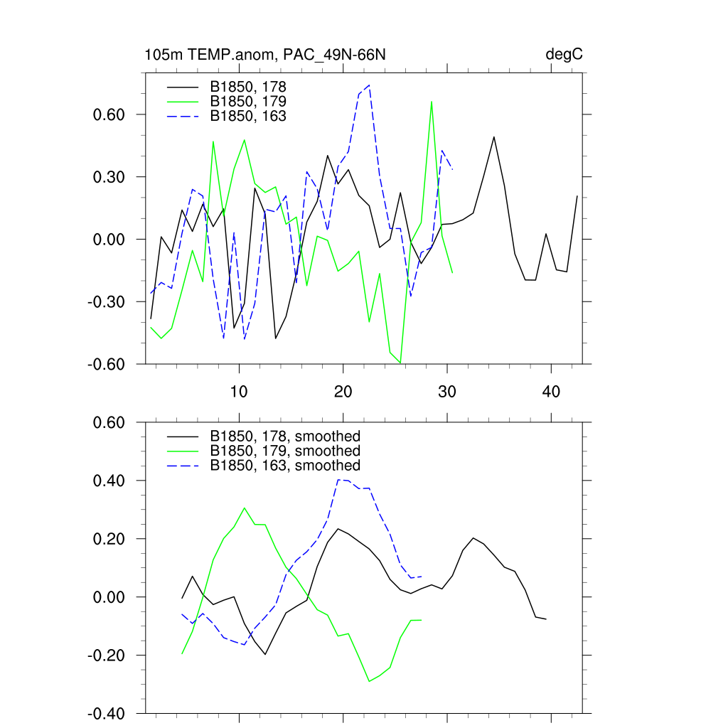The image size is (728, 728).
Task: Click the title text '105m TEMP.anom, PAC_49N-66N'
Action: click(x=265, y=55)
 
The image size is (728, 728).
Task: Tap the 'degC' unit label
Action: click(x=564, y=55)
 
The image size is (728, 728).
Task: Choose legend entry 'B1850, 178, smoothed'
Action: click(x=284, y=436)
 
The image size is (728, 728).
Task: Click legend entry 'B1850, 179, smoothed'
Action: click(x=284, y=451)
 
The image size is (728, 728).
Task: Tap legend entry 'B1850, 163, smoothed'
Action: click(x=284, y=465)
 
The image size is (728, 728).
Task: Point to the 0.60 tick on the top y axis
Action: click(x=109, y=114)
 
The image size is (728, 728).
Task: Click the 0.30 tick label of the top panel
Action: click(x=109, y=177)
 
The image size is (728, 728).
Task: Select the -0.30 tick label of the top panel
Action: click(x=107, y=302)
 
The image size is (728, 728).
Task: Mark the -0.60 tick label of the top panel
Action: click(x=107, y=364)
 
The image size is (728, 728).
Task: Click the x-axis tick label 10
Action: click(x=239, y=391)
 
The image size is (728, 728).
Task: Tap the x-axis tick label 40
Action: click(x=551, y=391)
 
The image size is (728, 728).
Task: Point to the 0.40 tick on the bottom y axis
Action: click(x=109, y=481)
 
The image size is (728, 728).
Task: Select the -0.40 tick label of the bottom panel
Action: click(x=107, y=713)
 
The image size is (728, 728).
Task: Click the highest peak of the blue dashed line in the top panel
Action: click(x=369, y=85)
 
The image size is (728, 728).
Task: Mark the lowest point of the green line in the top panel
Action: click(x=400, y=363)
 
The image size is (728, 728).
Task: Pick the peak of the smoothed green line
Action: click(x=245, y=508)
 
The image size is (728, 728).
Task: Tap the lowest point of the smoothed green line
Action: click(x=369, y=681)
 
